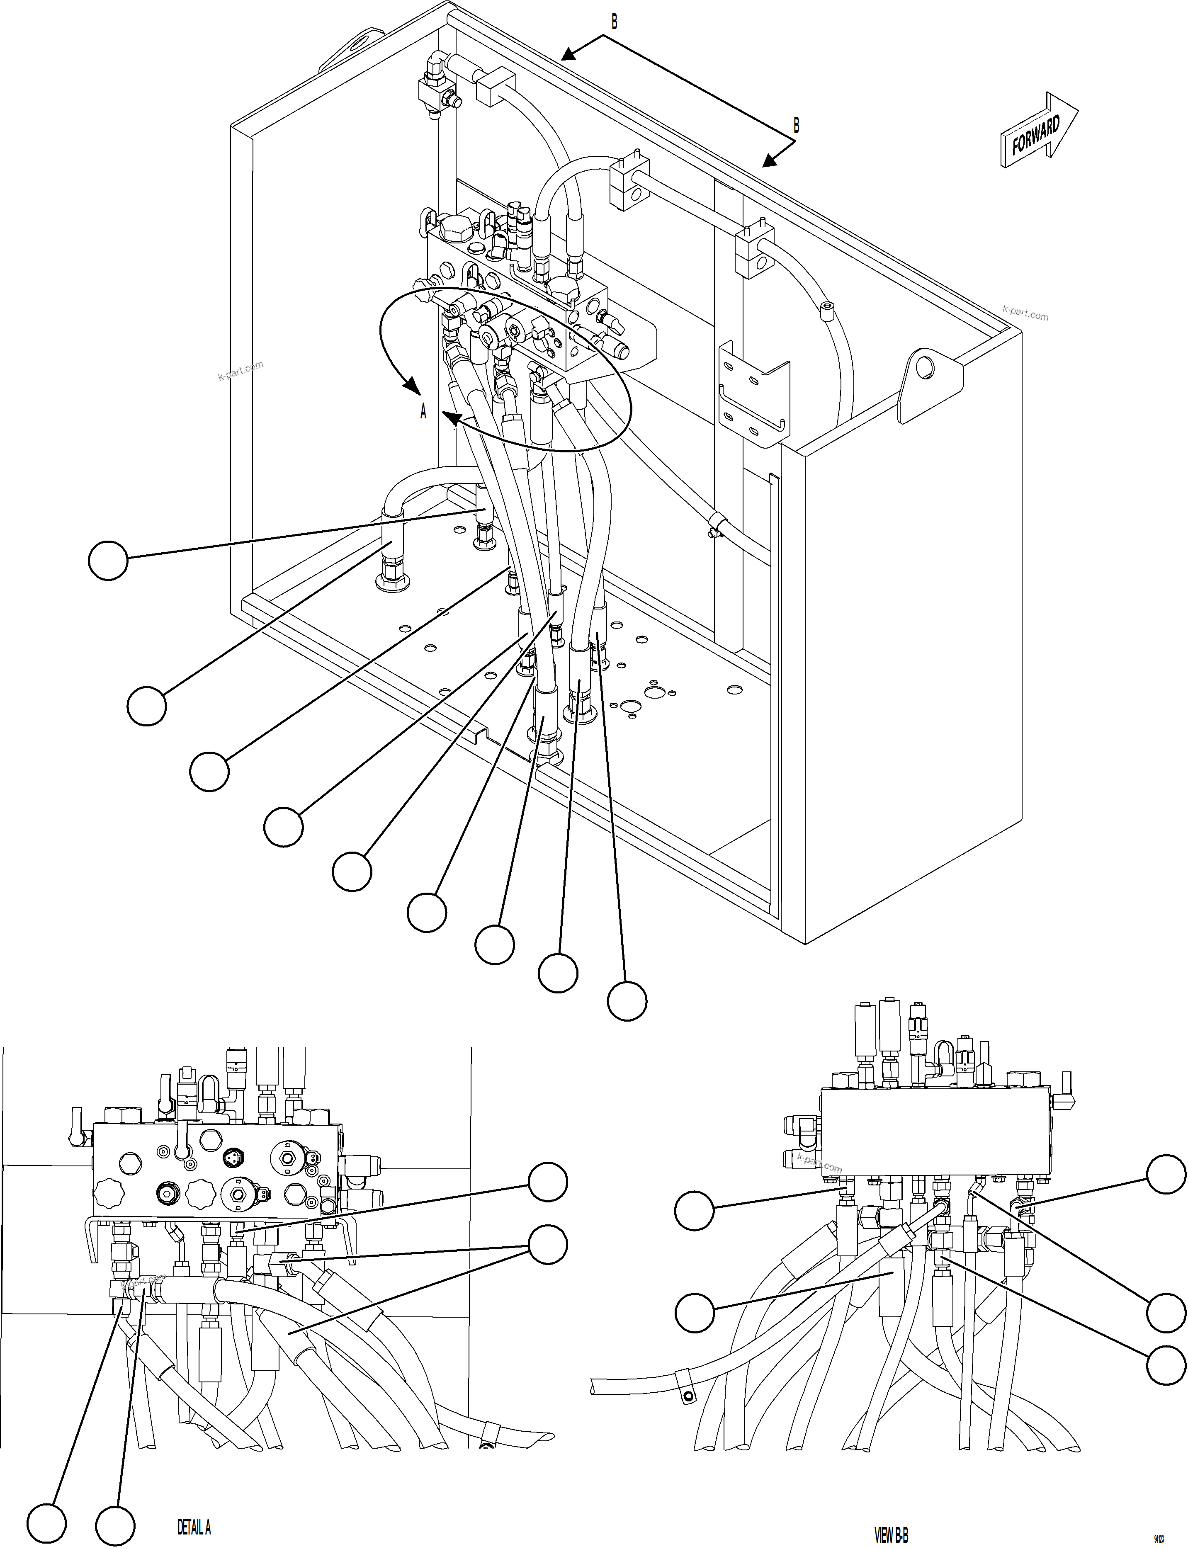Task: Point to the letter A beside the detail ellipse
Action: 424,411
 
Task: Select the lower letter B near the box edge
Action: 796,126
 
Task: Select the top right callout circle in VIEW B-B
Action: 1165,1174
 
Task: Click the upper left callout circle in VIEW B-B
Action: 695,1210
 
